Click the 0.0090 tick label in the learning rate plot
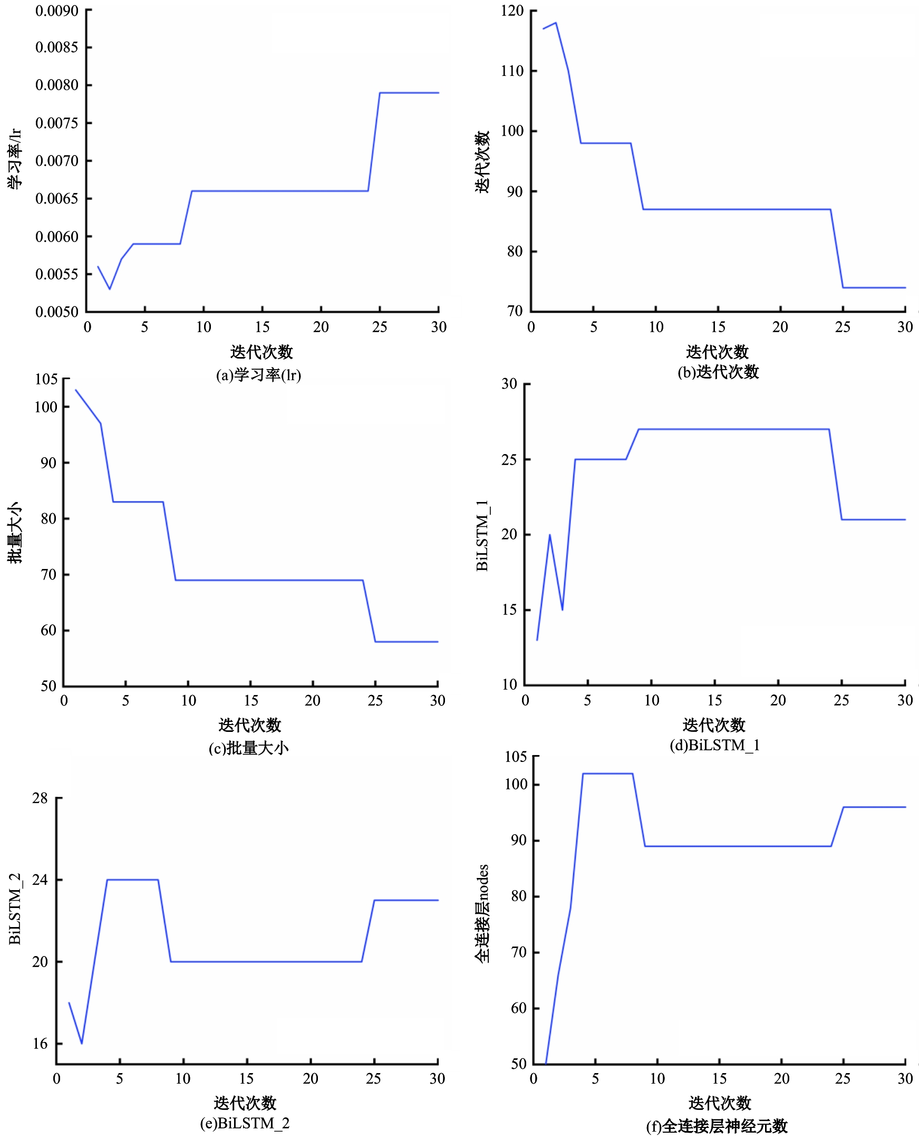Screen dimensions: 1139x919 pyautogui.click(x=56, y=11)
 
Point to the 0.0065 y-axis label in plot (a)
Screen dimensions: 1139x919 pyautogui.click(x=56, y=199)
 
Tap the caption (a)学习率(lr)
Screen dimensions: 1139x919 pyautogui.click(x=258, y=375)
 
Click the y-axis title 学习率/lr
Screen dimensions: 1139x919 pyautogui.click(x=14, y=159)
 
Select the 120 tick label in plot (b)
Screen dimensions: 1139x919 pyautogui.click(x=512, y=11)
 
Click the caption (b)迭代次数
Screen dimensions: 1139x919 pyautogui.click(x=718, y=372)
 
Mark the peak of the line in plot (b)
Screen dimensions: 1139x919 pyautogui.click(x=555, y=23)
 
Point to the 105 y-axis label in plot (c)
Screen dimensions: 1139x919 pyautogui.click(x=46, y=379)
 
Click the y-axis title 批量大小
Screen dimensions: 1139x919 pyautogui.click(x=14, y=532)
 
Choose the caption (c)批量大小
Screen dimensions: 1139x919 pyautogui.click(x=248, y=748)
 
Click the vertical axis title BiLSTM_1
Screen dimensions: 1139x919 pyautogui.click(x=482, y=535)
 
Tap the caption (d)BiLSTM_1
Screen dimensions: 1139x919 pyautogui.click(x=714, y=745)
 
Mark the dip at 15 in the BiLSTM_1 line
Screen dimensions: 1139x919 pyautogui.click(x=562, y=610)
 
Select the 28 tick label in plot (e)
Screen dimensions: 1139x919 pyautogui.click(x=40, y=798)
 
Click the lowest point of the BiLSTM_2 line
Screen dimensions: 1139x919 pyautogui.click(x=82, y=1044)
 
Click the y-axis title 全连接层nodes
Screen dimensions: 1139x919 pyautogui.click(x=482, y=913)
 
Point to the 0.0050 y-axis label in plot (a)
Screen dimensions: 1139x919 pyautogui.click(x=56, y=312)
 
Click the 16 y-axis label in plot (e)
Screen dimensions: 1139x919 pyautogui.click(x=40, y=1044)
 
